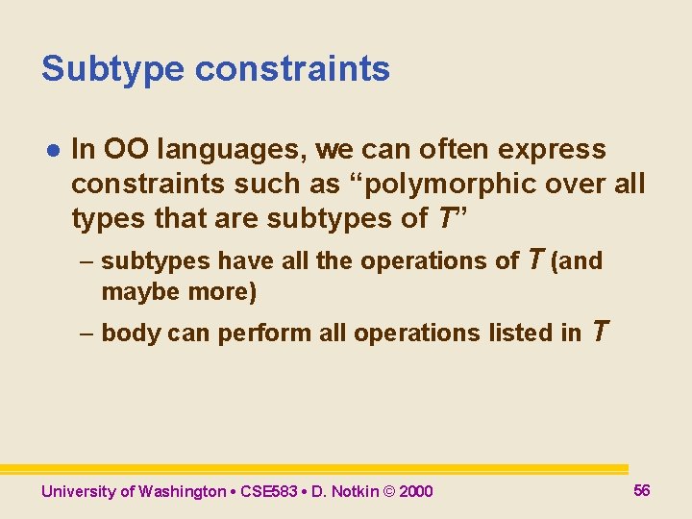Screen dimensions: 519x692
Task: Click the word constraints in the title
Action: pos(292,69)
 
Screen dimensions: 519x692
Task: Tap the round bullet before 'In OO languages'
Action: pos(53,150)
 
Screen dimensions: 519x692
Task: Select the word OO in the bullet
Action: pos(127,149)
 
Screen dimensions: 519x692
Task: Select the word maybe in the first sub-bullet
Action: pos(132,292)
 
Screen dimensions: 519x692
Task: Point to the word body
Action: pos(131,334)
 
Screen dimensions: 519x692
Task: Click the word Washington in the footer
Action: pos(182,492)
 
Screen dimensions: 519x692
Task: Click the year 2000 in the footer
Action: pos(415,492)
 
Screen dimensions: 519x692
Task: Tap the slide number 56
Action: pos(642,490)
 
